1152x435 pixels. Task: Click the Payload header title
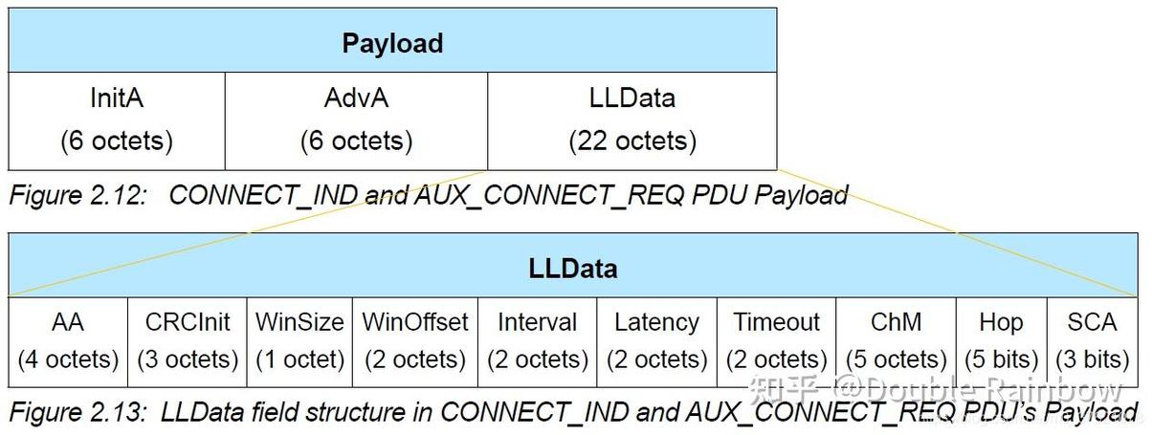click(392, 43)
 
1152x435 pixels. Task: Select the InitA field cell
click(117, 120)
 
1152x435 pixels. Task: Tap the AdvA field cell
click(356, 120)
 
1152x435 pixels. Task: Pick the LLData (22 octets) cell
click(631, 120)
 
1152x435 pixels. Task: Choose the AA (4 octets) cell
click(68, 341)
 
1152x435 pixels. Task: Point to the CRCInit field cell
click(188, 341)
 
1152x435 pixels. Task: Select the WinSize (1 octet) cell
click(299, 341)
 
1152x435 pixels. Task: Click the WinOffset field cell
click(414, 341)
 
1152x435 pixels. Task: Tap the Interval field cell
click(537, 341)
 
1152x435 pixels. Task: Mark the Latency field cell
click(656, 341)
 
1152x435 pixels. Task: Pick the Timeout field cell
click(776, 341)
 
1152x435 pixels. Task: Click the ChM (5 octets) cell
click(896, 341)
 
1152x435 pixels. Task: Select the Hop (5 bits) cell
click(1001, 341)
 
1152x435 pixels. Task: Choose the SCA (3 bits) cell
click(1092, 341)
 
